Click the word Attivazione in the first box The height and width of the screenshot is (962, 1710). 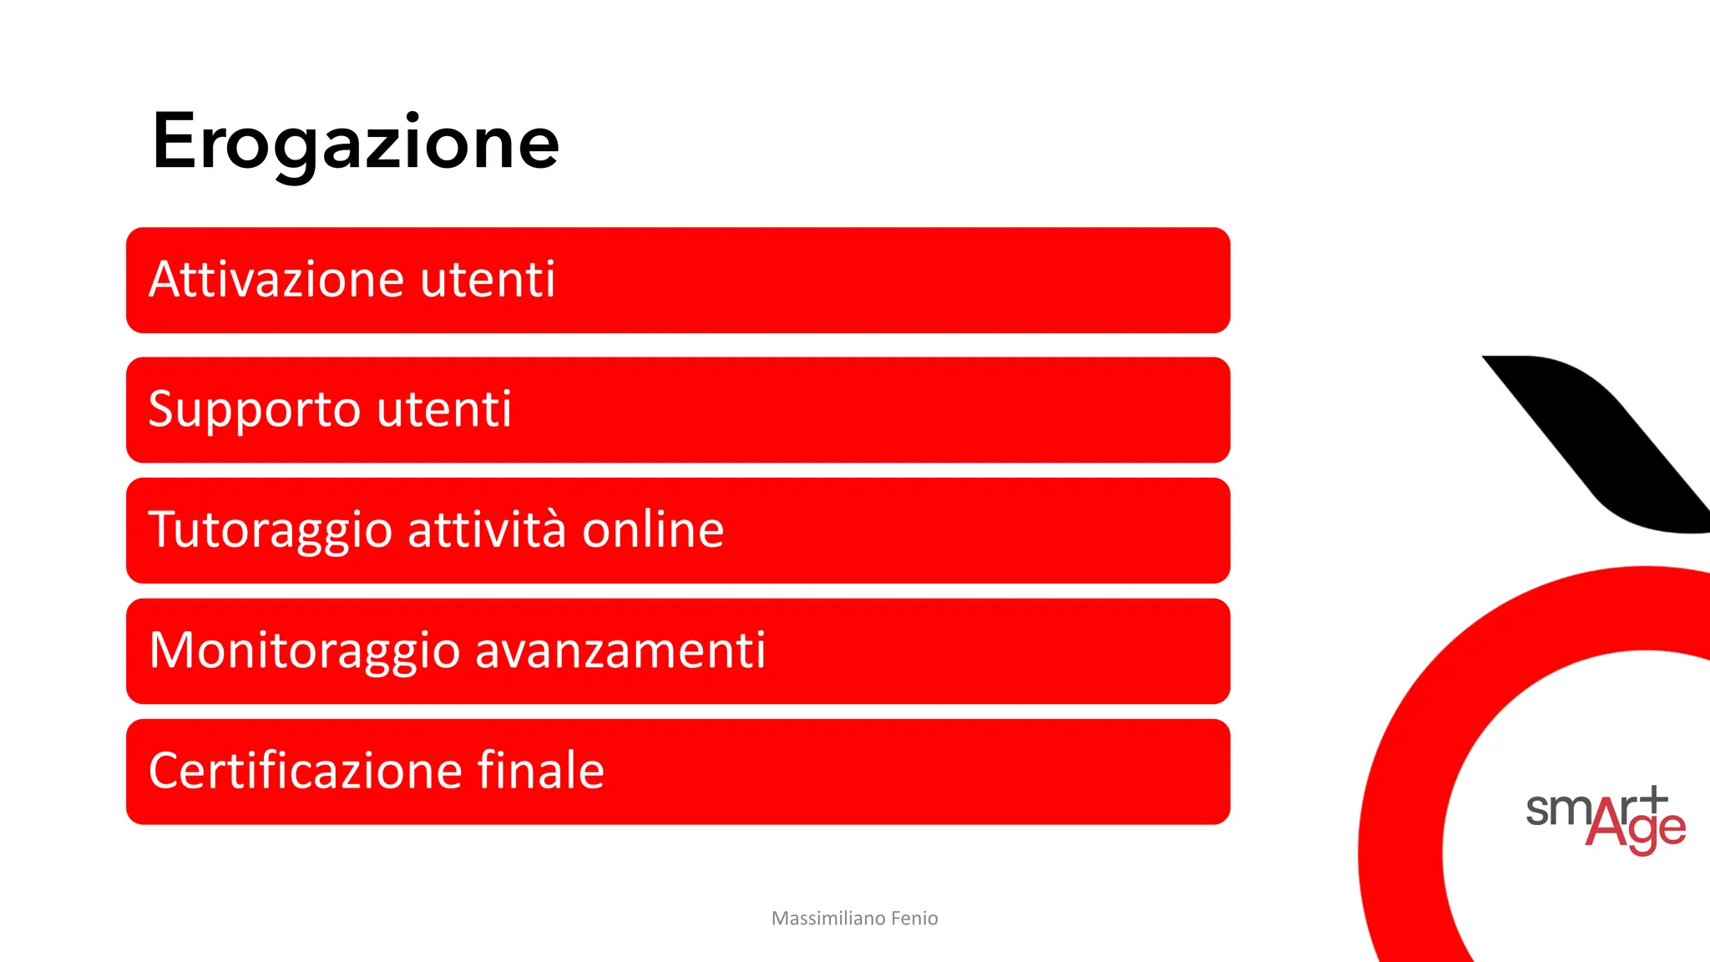coord(279,279)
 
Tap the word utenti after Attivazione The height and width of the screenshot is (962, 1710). coord(488,279)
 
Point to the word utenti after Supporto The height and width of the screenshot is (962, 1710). coord(444,410)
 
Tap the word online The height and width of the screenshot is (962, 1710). coord(653,530)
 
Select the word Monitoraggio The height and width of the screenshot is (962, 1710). coord(304,651)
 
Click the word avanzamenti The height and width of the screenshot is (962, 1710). coord(620,651)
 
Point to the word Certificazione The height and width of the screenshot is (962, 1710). coord(305,771)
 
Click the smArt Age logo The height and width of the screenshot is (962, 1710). coord(1605,819)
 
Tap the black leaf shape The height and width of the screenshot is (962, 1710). coord(1603,443)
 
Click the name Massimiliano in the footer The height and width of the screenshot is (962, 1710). coord(828,919)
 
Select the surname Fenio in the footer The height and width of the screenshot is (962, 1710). coord(914,919)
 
